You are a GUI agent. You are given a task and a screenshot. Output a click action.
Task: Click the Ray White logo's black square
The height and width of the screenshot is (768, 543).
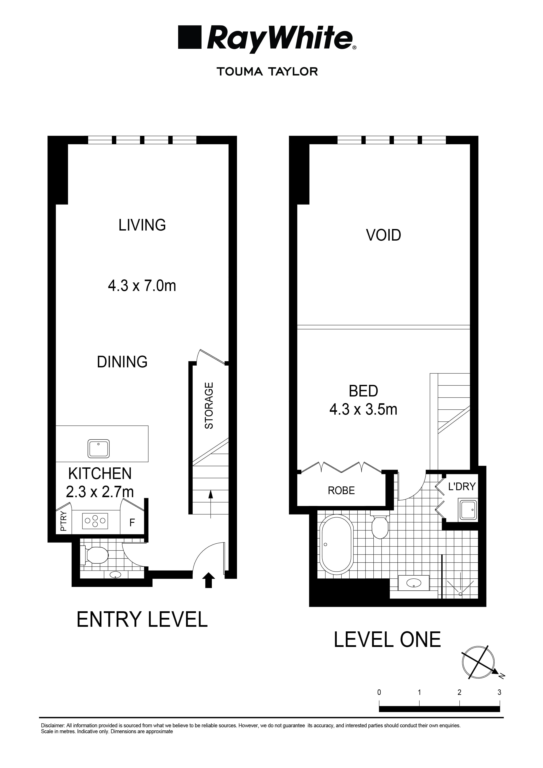pyautogui.click(x=190, y=37)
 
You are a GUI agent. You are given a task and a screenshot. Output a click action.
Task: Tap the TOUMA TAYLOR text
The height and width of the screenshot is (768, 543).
pyautogui.click(x=267, y=72)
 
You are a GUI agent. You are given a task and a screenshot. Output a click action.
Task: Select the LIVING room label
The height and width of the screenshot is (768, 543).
pyautogui.click(x=142, y=225)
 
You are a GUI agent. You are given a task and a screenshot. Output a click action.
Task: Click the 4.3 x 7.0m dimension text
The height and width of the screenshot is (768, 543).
pyautogui.click(x=142, y=286)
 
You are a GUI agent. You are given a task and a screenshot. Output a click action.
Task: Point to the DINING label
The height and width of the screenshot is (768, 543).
pyautogui.click(x=122, y=362)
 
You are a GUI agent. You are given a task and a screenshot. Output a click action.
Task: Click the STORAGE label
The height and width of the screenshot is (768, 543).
pyautogui.click(x=209, y=405)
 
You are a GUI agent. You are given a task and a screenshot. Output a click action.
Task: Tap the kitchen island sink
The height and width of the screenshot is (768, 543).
pyautogui.click(x=99, y=449)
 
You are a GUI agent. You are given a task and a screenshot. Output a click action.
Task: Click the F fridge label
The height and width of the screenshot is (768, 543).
pyautogui.click(x=132, y=523)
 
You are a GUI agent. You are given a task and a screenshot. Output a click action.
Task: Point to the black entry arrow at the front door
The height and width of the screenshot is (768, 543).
pyautogui.click(x=209, y=580)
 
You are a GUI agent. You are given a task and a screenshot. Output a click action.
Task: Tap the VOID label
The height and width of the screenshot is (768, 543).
pyautogui.click(x=383, y=235)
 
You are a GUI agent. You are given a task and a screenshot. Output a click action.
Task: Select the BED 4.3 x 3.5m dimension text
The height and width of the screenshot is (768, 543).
pyautogui.click(x=364, y=409)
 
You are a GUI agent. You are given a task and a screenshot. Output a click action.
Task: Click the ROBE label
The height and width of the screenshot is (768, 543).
pyautogui.click(x=341, y=491)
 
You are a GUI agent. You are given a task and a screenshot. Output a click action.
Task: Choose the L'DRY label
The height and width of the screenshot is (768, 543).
pyautogui.click(x=462, y=486)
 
